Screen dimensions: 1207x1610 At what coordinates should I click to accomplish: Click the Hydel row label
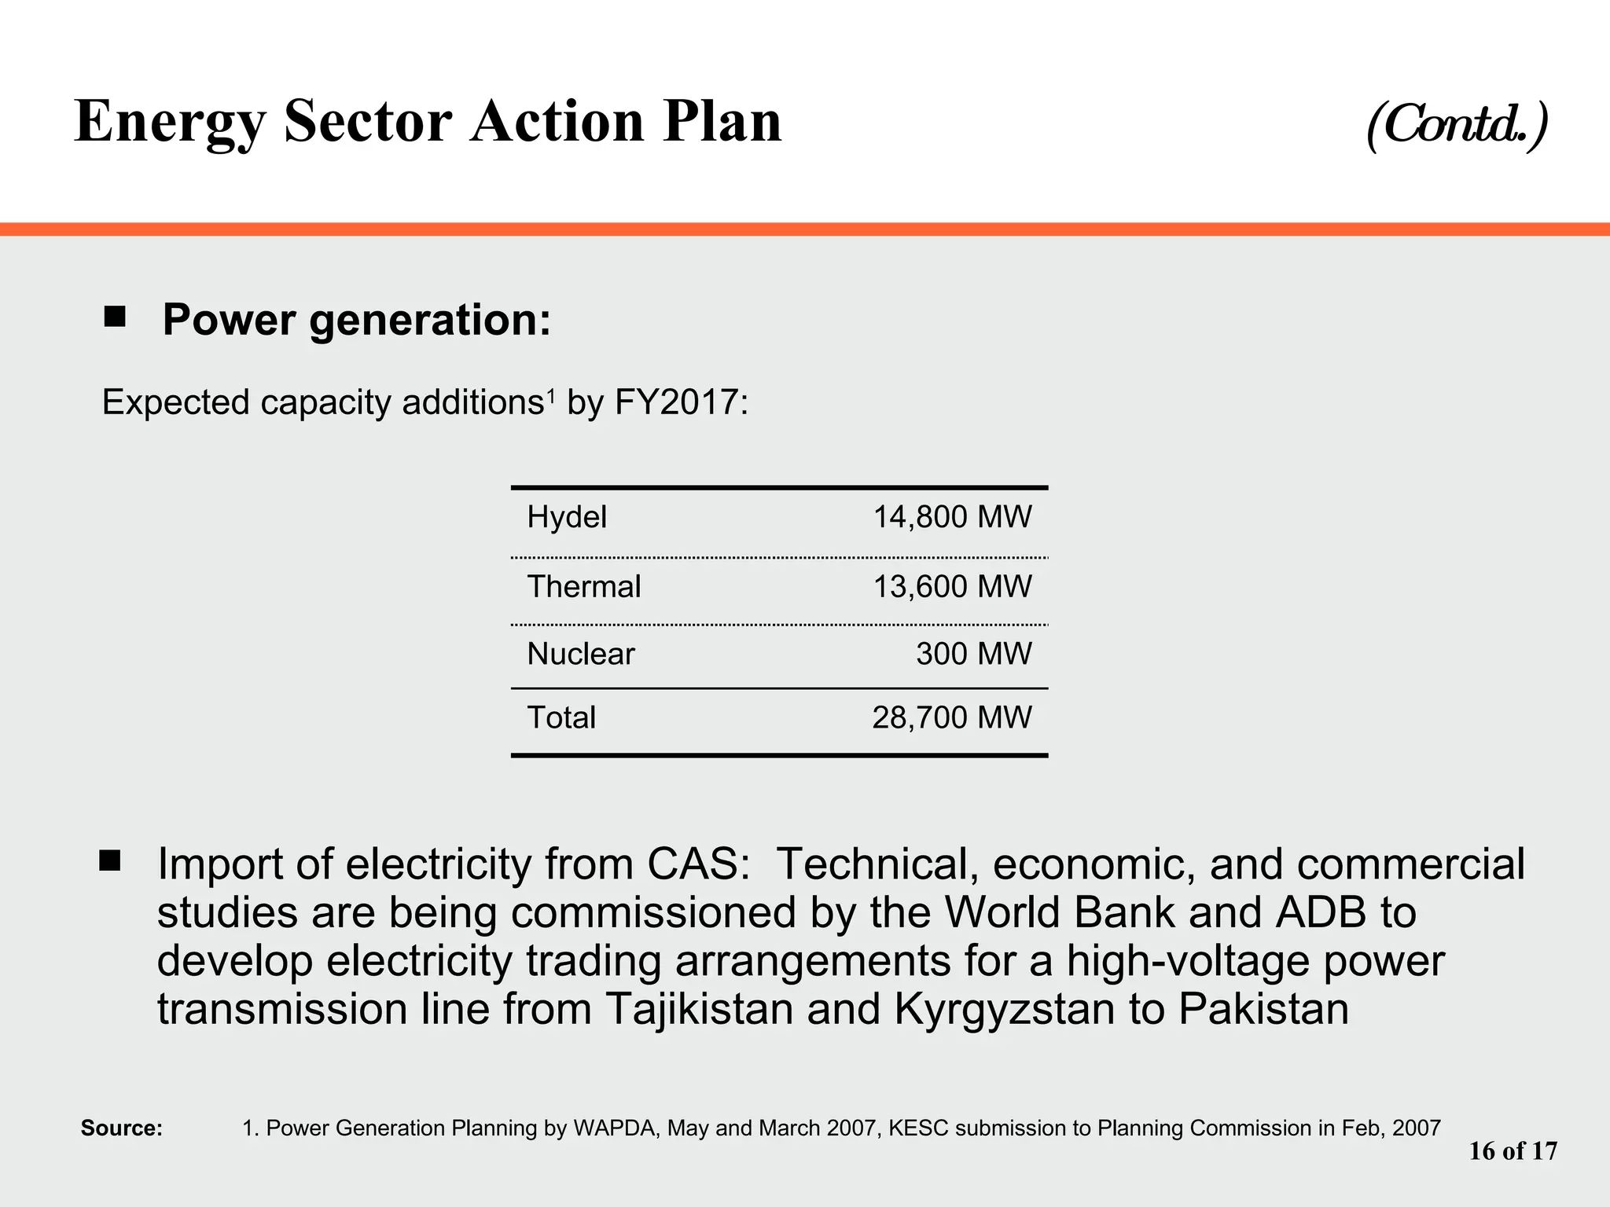pos(567,517)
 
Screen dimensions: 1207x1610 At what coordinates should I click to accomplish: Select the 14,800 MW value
pos(952,517)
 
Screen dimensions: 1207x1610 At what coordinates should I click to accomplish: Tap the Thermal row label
pos(584,587)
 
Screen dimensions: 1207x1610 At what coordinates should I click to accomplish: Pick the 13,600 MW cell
pos(952,587)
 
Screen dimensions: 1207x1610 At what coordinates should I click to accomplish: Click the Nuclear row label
pos(581,654)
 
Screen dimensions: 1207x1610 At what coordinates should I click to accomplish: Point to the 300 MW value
pos(973,654)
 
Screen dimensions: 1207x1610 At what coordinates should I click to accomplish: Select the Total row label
pos(561,717)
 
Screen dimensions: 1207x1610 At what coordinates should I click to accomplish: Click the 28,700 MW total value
pos(951,717)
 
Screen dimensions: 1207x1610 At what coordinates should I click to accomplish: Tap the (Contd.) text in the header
pos(1457,124)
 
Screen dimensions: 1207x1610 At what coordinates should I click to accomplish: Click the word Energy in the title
pos(171,122)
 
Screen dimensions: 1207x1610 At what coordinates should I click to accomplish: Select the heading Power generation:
pos(357,320)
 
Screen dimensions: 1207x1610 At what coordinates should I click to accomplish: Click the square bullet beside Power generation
pos(115,317)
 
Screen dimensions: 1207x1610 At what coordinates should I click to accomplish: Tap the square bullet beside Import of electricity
pos(110,861)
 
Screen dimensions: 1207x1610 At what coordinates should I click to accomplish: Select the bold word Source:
pos(122,1128)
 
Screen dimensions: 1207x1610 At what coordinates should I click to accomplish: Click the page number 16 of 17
pos(1513,1151)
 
